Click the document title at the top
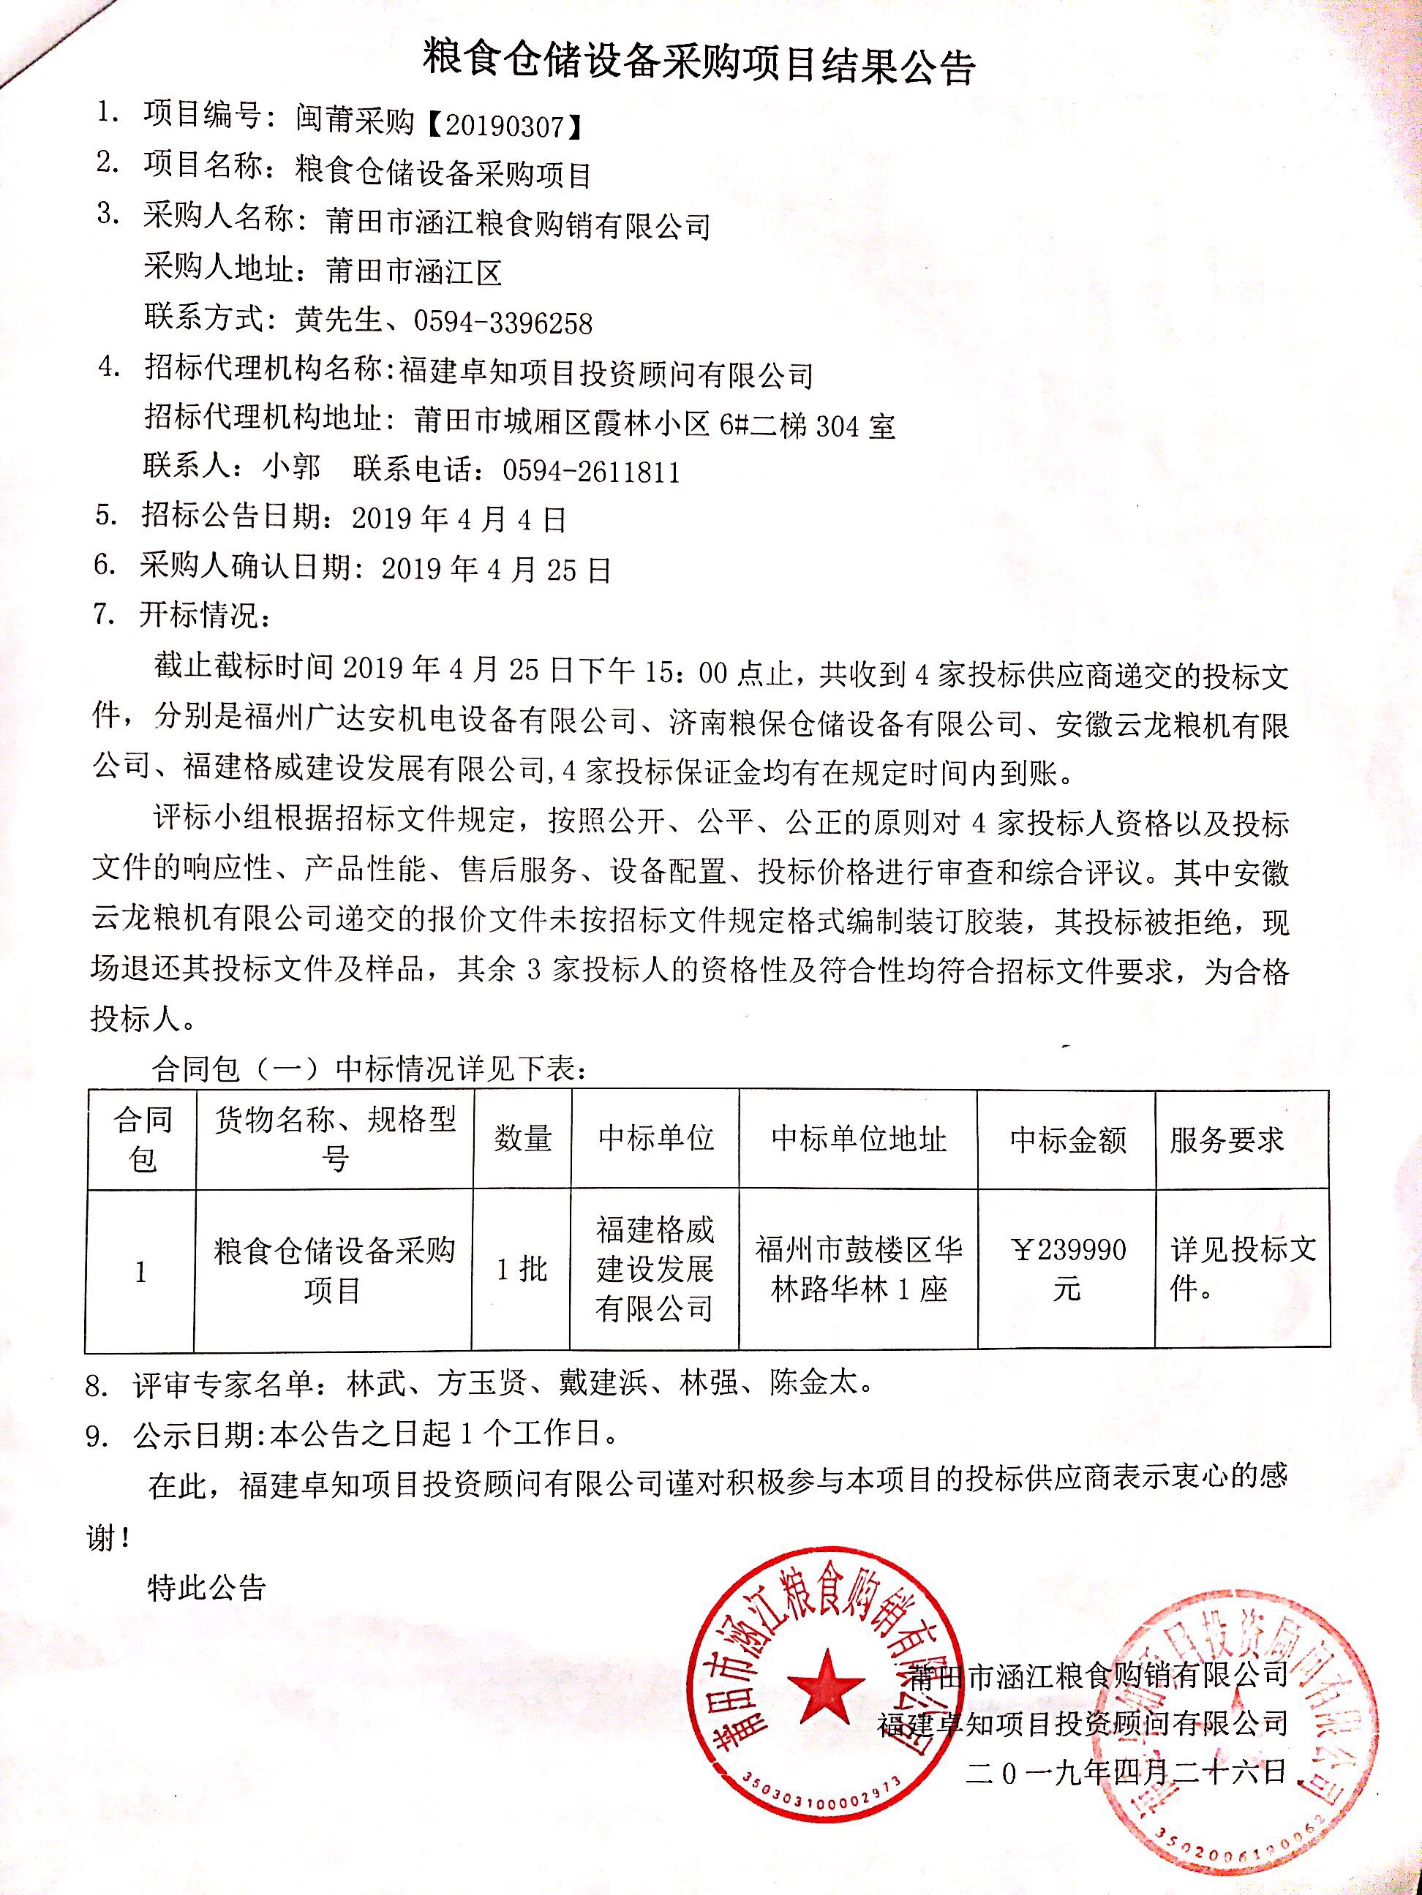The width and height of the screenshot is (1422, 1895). [700, 65]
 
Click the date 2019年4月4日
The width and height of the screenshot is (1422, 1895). [459, 519]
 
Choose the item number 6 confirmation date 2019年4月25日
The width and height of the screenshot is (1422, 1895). [496, 570]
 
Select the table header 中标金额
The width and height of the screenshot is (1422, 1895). [1067, 1140]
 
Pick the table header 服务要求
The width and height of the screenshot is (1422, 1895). [1227, 1140]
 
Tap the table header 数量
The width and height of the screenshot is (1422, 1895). [522, 1139]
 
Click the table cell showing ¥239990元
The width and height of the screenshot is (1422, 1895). [1067, 1270]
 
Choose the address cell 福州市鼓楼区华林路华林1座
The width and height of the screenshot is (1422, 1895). [858, 1270]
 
